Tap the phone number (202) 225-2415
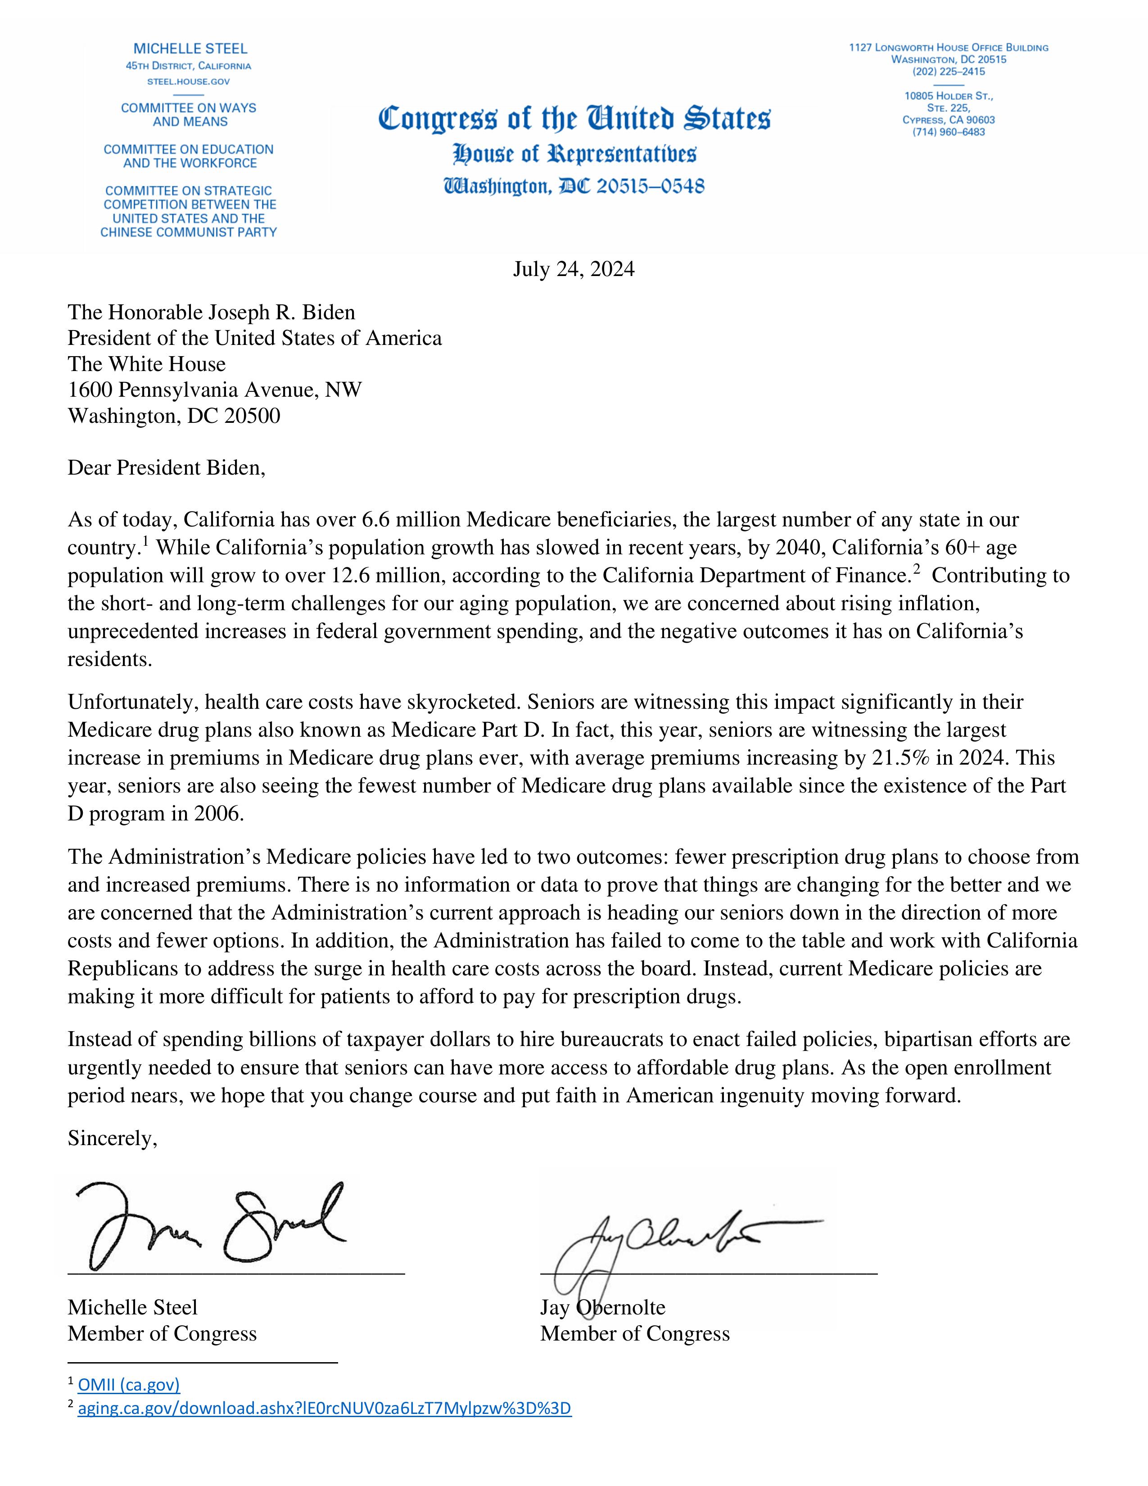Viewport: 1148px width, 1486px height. click(948, 72)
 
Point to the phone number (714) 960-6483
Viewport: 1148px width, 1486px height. click(948, 132)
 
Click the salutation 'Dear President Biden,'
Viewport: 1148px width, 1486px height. click(166, 468)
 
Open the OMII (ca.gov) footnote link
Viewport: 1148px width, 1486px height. click(129, 1385)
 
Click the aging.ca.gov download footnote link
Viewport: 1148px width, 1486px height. click(325, 1409)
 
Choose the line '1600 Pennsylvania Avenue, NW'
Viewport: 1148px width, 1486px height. click(214, 390)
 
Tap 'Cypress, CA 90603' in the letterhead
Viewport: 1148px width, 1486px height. click(948, 120)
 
